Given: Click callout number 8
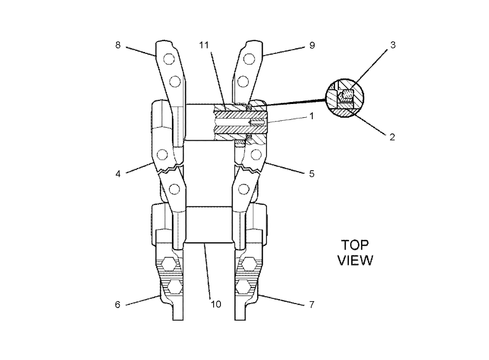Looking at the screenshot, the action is (x=117, y=46).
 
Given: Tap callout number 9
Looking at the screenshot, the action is (x=312, y=46).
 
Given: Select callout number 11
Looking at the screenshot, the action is (x=204, y=46).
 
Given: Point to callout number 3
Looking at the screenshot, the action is (x=393, y=45).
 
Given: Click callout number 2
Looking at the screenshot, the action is (x=392, y=137).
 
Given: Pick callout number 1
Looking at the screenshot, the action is (x=311, y=116).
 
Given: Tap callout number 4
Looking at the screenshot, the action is (x=117, y=174).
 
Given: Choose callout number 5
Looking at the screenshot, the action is (x=312, y=174).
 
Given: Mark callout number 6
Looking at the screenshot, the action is (x=117, y=305).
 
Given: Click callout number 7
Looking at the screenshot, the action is (x=312, y=305).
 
